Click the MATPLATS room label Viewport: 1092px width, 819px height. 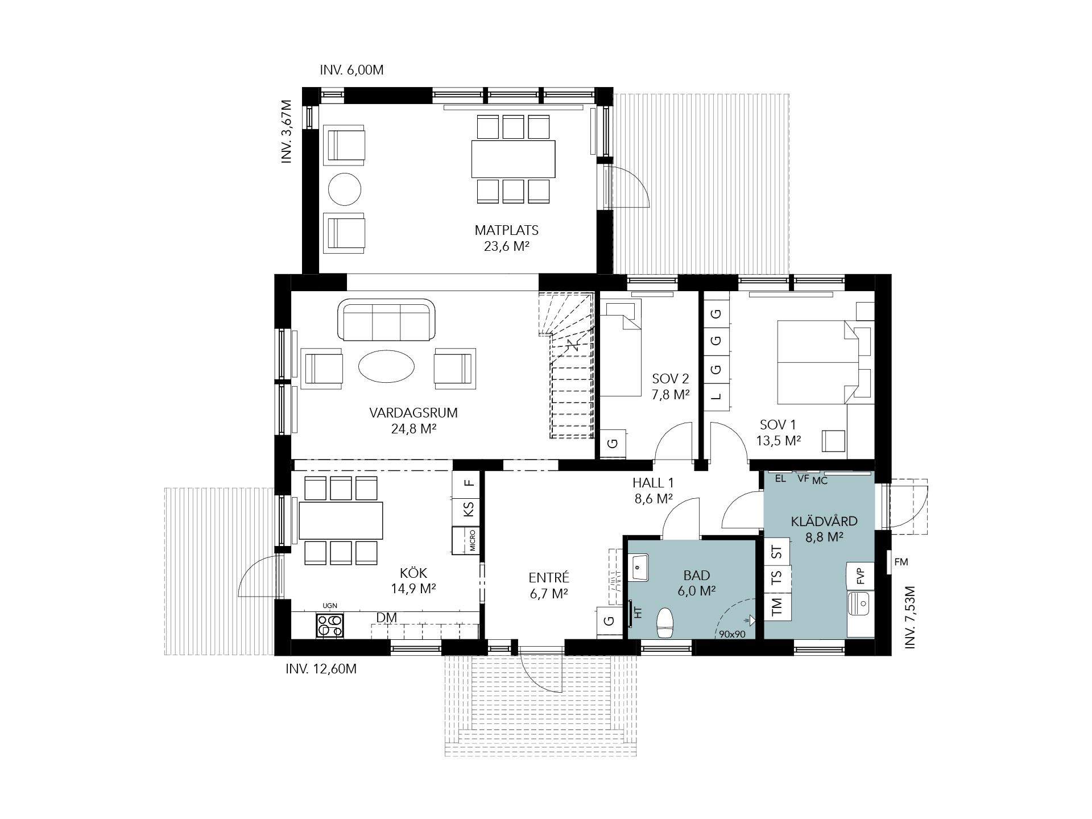pos(506,230)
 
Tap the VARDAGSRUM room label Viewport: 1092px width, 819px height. pos(413,413)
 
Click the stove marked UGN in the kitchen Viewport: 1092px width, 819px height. pos(329,625)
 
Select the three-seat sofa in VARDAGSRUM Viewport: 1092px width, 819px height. pos(386,320)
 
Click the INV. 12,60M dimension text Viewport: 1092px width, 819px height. pos(321,669)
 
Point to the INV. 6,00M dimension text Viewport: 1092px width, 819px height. pos(351,71)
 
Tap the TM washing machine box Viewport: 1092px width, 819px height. pos(776,607)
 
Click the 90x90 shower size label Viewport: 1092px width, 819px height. pos(732,634)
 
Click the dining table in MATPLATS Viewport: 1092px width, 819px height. pos(513,159)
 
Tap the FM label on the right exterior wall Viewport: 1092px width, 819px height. pos(901,562)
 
